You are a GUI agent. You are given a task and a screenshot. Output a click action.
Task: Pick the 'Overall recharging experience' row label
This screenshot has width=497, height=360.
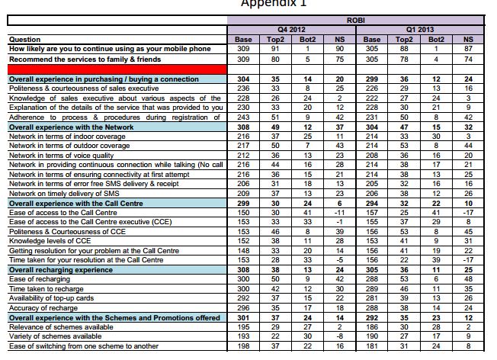tap(56, 269)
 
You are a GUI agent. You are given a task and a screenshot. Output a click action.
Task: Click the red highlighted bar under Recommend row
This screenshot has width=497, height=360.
tap(115, 69)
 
